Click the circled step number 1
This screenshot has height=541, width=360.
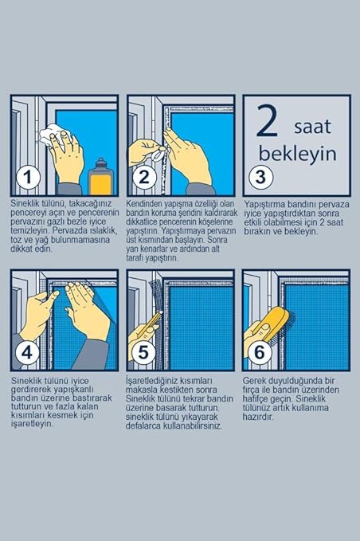(28, 178)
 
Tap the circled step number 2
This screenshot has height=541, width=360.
(143, 178)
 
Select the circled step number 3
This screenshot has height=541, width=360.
(261, 177)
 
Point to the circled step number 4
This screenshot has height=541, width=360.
(27, 353)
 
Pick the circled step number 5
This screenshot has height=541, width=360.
(143, 353)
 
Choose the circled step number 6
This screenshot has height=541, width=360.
(260, 353)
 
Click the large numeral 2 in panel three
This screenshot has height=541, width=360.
(267, 121)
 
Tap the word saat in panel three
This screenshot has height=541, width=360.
(312, 127)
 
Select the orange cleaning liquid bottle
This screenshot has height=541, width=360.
(100, 177)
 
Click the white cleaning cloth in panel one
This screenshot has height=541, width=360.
(52, 135)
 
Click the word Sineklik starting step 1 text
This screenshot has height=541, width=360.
(24, 203)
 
